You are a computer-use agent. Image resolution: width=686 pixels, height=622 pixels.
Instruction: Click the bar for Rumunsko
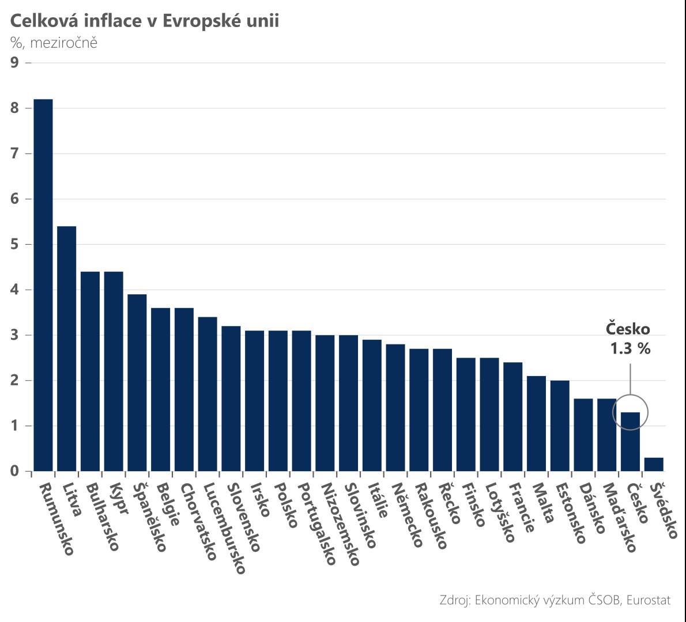(43, 285)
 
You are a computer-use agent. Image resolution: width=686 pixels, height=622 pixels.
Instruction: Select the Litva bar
(66, 349)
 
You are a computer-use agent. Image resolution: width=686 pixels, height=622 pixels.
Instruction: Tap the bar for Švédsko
(654, 464)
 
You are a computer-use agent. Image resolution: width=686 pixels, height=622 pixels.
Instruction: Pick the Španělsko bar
(137, 383)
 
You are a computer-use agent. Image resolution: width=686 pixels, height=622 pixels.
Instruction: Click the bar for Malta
(536, 423)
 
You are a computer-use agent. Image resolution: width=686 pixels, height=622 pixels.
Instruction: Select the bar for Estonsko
(560, 426)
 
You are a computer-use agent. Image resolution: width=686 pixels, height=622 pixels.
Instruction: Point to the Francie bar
(512, 416)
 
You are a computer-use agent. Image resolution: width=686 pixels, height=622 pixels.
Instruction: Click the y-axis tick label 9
(15, 63)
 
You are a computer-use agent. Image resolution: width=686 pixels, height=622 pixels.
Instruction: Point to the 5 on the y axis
(15, 244)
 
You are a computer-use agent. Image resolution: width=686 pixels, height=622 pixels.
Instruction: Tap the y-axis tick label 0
(15, 471)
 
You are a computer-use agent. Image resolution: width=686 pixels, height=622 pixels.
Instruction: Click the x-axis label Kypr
(119, 499)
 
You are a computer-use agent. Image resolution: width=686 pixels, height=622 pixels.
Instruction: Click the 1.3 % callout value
(631, 348)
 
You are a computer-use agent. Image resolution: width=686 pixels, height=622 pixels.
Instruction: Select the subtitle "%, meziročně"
(54, 43)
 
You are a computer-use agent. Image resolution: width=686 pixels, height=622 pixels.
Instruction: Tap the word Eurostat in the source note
(649, 600)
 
